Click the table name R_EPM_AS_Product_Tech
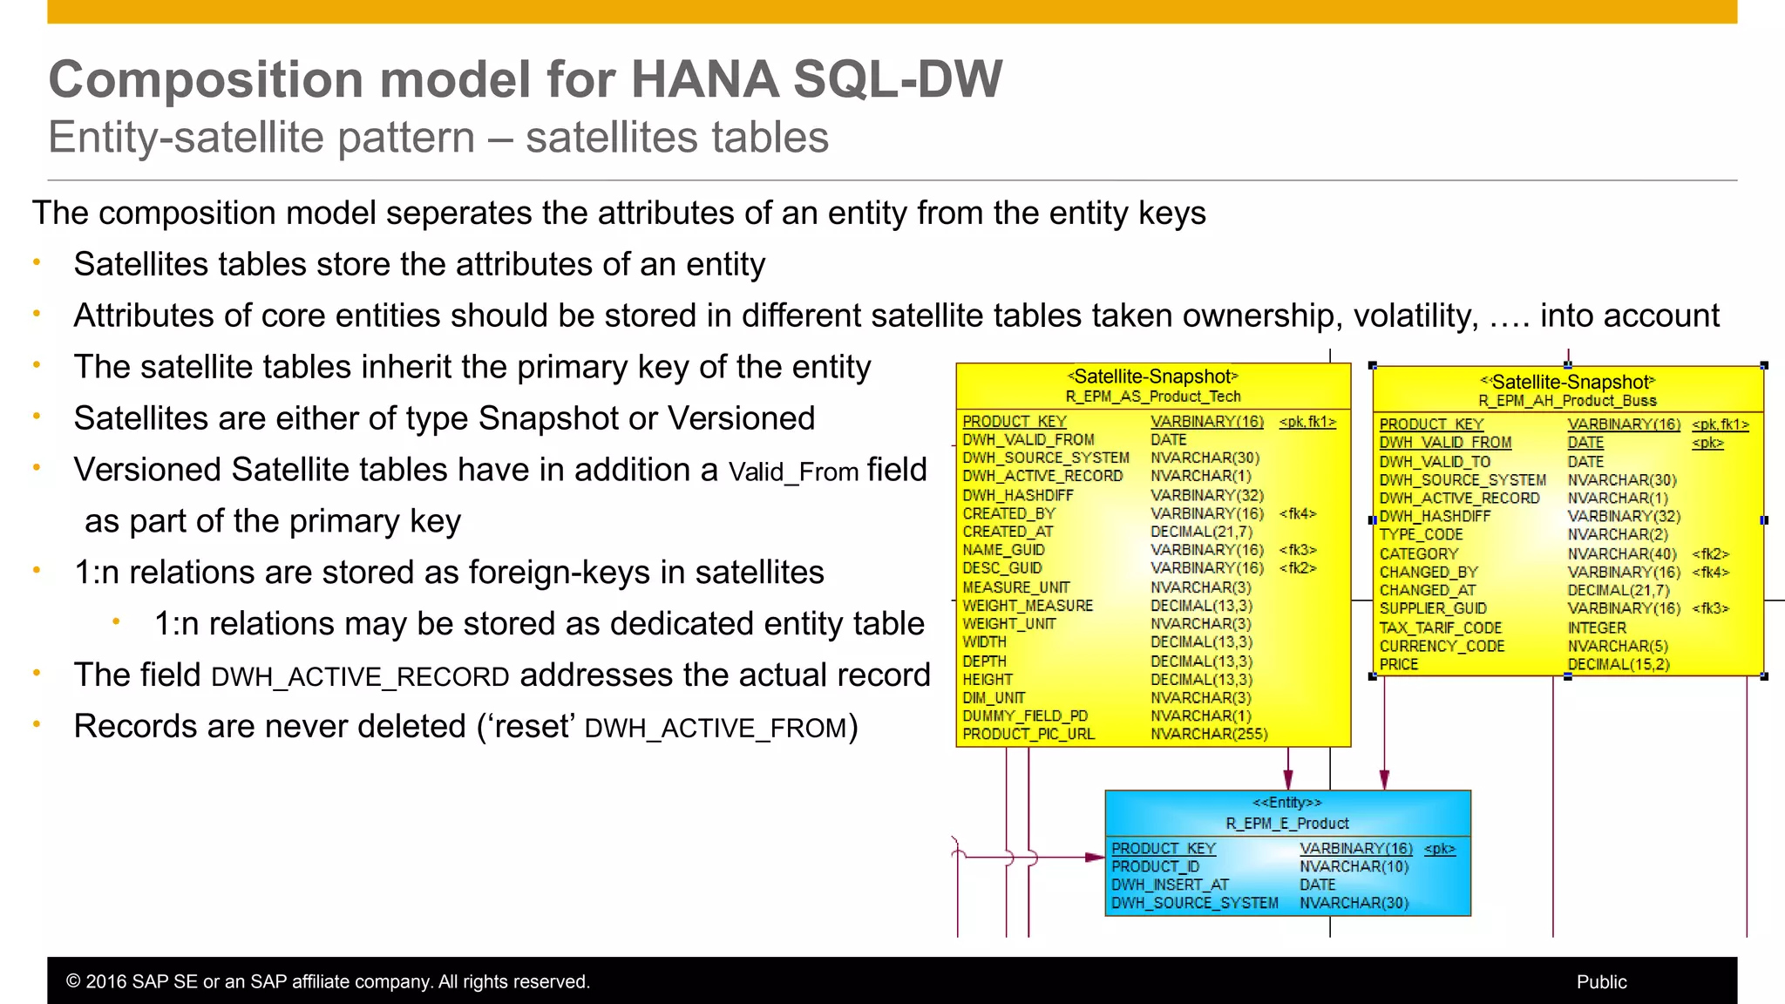[x=1152, y=397]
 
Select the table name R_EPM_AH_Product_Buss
[x=1567, y=401]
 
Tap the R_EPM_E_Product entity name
[x=1286, y=824]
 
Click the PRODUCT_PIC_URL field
[x=1028, y=735]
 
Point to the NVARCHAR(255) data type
[x=1208, y=735]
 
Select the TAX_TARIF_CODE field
[x=1440, y=627]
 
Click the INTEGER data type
[x=1596, y=627]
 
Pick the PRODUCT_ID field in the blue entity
[x=1155, y=866]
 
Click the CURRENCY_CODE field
[x=1442, y=646]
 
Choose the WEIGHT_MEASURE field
[x=1027, y=606]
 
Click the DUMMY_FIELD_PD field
[x=1025, y=716]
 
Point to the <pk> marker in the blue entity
[x=1439, y=848]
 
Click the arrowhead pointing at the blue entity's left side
[x=1096, y=858]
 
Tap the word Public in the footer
[x=1601, y=981]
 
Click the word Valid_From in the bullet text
[x=793, y=472]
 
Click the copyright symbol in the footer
[x=73, y=981]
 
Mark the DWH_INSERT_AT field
[x=1169, y=885]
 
